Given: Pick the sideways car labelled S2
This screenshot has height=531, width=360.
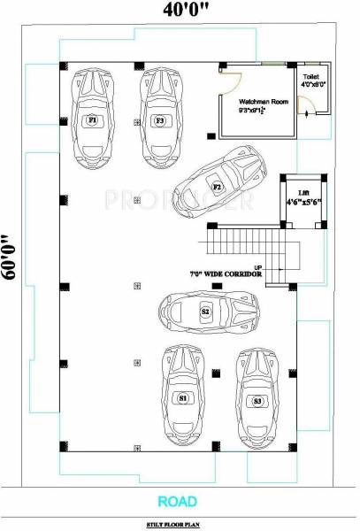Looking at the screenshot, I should pyautogui.click(x=204, y=312).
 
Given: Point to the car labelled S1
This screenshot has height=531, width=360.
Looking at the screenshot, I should pyautogui.click(x=182, y=396).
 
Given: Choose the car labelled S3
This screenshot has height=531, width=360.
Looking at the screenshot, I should pyautogui.click(x=257, y=398).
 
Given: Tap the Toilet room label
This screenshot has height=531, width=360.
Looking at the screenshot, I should pyautogui.click(x=310, y=78).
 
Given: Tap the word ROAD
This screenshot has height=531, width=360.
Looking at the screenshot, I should pyautogui.click(x=180, y=501).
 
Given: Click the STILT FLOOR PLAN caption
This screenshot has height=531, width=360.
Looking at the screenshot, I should pyautogui.click(x=180, y=524).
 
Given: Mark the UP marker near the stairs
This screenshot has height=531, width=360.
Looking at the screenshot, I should pyautogui.click(x=257, y=266).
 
